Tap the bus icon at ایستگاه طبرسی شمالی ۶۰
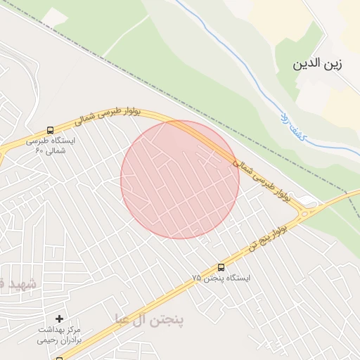coord(49,130)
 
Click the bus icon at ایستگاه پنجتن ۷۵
coord(221,267)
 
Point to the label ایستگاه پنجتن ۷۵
coord(221,278)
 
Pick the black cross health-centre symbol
coord(59,319)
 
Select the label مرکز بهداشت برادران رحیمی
coord(59,334)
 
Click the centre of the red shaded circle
coord(180,180)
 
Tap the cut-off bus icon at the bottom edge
coord(59,357)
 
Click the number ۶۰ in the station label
coord(39,150)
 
